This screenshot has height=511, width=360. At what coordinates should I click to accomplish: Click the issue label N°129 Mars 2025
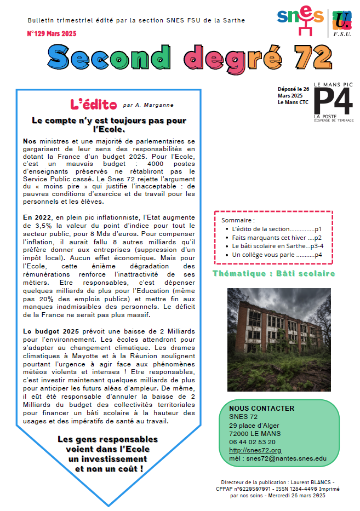coord(52,34)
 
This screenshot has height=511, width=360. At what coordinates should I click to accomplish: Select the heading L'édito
coord(94,104)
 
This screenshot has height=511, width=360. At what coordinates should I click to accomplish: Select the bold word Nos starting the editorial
coord(30,141)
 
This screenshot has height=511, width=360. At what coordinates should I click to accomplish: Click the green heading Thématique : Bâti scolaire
coord(273,273)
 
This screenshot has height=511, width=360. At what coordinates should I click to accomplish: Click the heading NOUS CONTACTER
coord(262,408)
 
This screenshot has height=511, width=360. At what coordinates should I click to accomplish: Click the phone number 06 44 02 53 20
coord(253,441)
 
